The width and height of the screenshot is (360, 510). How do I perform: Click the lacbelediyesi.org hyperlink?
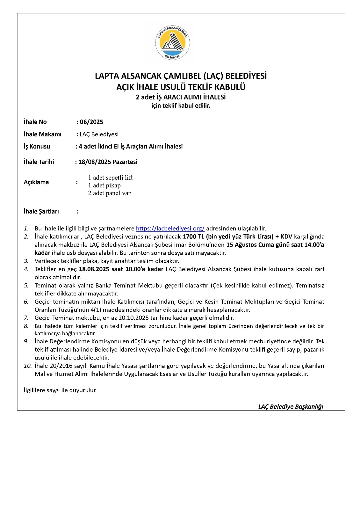170,228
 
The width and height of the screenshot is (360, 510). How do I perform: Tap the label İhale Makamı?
42,134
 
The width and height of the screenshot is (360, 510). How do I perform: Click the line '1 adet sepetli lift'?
110,178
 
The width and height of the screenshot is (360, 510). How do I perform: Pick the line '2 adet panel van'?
110,193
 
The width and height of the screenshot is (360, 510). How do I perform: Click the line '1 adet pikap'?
104,185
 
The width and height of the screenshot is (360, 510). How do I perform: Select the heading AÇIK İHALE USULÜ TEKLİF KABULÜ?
181,87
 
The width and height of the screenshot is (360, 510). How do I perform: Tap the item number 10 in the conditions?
27,366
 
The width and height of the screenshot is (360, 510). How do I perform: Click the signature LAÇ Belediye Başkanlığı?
291,406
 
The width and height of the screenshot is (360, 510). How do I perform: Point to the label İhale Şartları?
41,211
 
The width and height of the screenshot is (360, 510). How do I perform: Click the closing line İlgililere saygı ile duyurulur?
60,390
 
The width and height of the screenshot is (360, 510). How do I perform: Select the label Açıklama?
36,182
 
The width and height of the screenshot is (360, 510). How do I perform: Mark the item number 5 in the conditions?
26,285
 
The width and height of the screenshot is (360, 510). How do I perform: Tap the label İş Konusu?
37,146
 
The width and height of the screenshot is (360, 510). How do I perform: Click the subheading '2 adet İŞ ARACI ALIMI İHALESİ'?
181,97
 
